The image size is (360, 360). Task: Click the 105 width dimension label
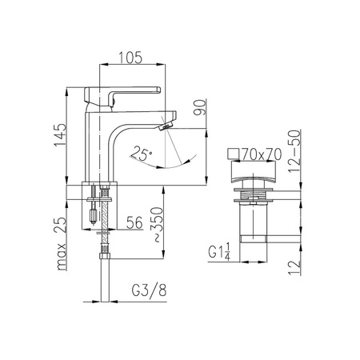coord(130,58)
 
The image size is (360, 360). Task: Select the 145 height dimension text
coord(60,134)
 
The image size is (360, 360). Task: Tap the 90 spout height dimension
coord(200,107)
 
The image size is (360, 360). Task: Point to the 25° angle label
coord(142,153)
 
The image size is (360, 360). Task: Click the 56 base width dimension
coord(134,222)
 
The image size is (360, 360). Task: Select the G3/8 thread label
coord(149,290)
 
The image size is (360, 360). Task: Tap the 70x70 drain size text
coord(262,154)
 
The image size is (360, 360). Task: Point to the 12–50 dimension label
coord(294,151)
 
